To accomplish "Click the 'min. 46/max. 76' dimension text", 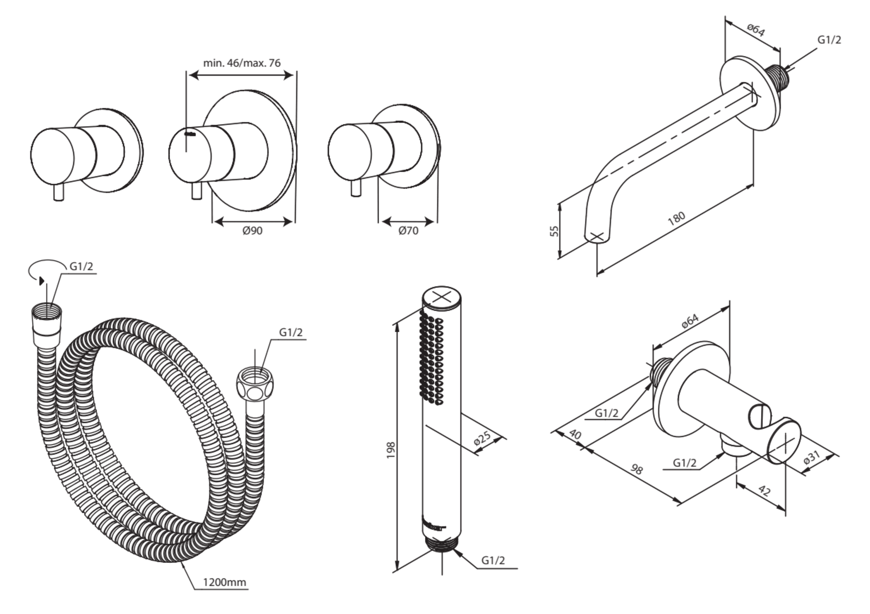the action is [241, 63].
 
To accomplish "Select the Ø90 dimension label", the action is [252, 231].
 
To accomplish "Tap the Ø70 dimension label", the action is [408, 231].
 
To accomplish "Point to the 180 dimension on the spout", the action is [676, 219].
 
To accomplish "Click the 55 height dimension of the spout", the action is [555, 231].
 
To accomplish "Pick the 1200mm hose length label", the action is [225, 593].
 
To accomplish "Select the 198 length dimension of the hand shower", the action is [391, 450].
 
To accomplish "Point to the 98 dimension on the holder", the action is [636, 469].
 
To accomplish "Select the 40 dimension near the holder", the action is [575, 434].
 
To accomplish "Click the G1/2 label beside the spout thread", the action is [829, 40].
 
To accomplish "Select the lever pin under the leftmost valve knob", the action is [59, 192].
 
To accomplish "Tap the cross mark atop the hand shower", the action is [442, 297].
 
